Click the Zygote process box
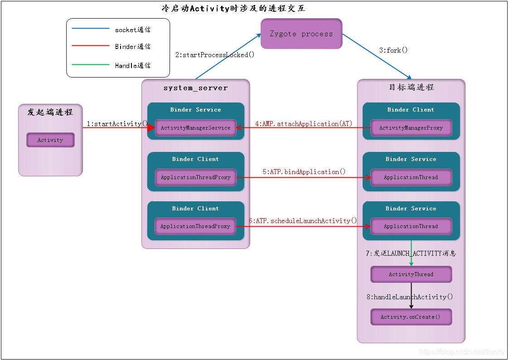click(x=301, y=34)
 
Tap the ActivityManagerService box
click(x=195, y=127)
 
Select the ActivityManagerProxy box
click(x=411, y=127)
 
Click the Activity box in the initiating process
click(x=50, y=140)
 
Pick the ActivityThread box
click(x=411, y=274)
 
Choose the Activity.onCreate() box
click(x=411, y=317)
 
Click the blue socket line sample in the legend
click(x=90, y=29)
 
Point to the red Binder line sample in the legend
click(x=90, y=46)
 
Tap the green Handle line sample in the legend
click(x=90, y=64)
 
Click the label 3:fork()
click(x=393, y=50)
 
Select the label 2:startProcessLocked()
click(x=215, y=55)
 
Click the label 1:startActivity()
click(x=117, y=124)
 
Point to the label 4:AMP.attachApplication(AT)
click(x=304, y=124)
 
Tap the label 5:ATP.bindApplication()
click(x=304, y=172)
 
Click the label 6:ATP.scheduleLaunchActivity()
click(x=303, y=221)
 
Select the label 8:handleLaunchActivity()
click(x=410, y=297)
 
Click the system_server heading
click(x=195, y=88)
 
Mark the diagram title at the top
click(x=233, y=8)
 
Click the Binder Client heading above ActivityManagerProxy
click(x=411, y=109)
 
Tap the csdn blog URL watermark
click(x=462, y=351)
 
